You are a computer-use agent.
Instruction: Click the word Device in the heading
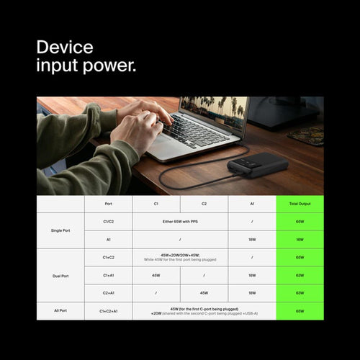[65, 48]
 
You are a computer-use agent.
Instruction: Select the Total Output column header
[300, 204]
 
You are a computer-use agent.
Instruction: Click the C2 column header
[204, 204]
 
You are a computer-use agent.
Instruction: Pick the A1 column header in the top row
[252, 204]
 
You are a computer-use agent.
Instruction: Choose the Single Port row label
[60, 230]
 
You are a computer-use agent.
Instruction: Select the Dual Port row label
[60, 275]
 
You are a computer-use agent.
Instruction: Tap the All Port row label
[60, 311]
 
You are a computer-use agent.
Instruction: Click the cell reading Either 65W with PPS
[180, 222]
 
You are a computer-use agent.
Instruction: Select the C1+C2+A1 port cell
[108, 311]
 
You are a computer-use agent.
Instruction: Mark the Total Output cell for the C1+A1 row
[300, 275]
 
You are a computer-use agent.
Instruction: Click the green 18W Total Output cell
[300, 240]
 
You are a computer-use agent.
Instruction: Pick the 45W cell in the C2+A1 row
[204, 293]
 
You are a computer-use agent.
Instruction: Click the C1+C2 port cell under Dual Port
[108, 257]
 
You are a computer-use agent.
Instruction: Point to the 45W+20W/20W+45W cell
[180, 257]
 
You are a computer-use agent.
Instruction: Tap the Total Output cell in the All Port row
[300, 311]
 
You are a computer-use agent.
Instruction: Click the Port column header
[108, 204]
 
